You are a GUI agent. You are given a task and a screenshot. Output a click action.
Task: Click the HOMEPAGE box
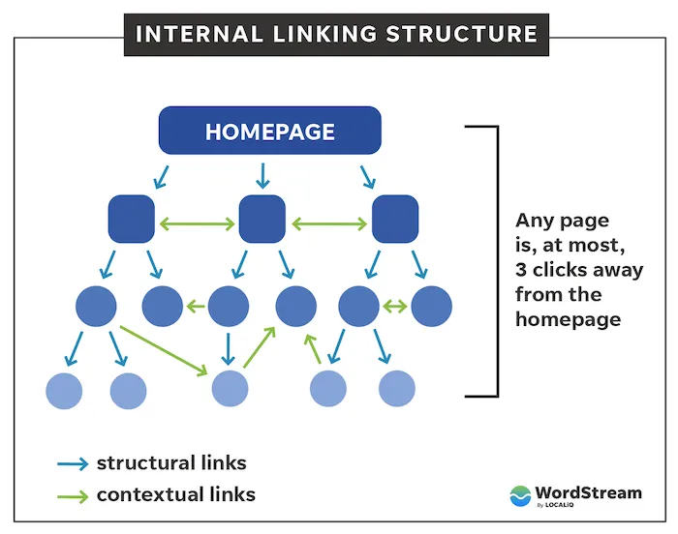[270, 132]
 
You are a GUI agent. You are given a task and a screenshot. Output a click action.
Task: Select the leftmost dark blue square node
[131, 219]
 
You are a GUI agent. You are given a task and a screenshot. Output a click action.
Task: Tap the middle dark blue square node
[262, 219]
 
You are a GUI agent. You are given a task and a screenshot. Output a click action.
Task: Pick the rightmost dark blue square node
[395, 219]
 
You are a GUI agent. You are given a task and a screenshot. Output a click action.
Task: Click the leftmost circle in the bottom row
[64, 390]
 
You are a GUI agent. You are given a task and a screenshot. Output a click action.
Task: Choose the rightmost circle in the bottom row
[397, 388]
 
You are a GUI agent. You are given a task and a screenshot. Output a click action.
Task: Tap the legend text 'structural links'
[171, 462]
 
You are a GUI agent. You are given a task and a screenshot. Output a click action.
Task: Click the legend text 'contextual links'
[175, 494]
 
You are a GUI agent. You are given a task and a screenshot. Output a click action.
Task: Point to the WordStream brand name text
[589, 492]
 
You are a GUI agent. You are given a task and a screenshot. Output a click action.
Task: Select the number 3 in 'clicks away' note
[522, 269]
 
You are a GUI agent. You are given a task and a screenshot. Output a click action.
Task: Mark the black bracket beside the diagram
[495, 261]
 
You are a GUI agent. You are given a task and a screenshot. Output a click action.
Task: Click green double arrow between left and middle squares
[197, 224]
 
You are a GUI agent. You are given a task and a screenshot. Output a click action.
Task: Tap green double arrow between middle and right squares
[329, 224]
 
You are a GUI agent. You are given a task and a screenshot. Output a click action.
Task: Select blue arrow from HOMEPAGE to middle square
[261, 176]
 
